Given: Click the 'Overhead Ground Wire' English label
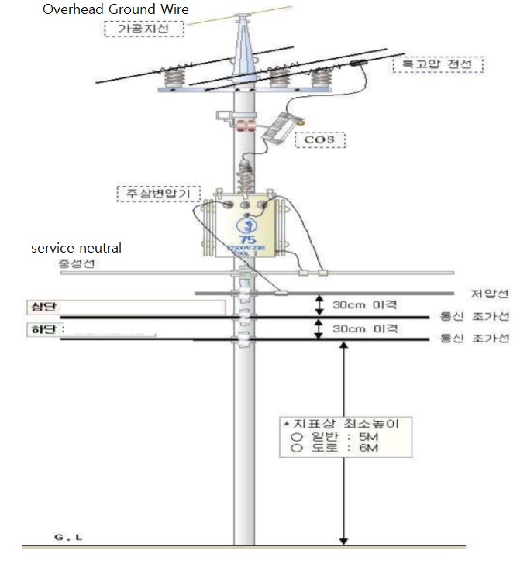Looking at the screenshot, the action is [115, 10].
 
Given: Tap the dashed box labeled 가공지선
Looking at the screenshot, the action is [146, 29].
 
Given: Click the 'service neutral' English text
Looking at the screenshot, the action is [76, 248].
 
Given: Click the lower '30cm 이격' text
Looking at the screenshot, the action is [365, 328].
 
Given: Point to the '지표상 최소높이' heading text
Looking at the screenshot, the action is [348, 425].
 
